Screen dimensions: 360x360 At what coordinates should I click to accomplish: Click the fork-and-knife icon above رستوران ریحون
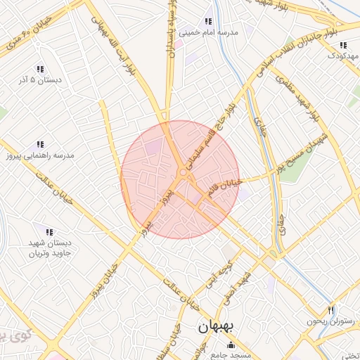tap(331, 309)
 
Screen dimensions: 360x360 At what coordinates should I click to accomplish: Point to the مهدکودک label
tap(344, 55)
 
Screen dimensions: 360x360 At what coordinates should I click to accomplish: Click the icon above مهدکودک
tap(342, 44)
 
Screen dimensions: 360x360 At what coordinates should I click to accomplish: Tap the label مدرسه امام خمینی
tap(209, 32)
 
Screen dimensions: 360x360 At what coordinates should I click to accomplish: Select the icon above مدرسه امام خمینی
tap(207, 21)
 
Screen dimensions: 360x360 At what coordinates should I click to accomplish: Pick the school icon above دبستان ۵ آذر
tap(40, 69)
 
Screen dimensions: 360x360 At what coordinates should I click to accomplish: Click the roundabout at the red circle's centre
tap(182, 172)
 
